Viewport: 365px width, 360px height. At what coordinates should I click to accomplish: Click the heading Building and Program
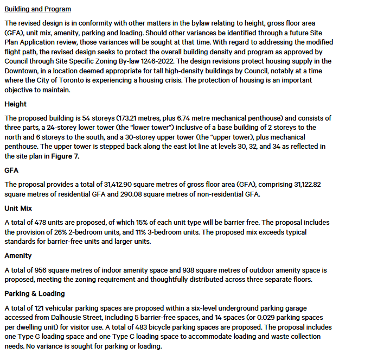pyautogui.click(x=37, y=9)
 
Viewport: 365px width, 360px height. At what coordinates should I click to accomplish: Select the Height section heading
pyautogui.click(x=15, y=104)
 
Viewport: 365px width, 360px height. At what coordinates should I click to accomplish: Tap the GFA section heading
pyautogui.click(x=11, y=170)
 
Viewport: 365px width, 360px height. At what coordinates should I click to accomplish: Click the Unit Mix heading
pyautogui.click(x=20, y=208)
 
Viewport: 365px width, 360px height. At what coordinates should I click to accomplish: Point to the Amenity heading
pyautogui.click(x=18, y=255)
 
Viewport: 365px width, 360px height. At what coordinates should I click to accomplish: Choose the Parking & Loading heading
pyautogui.click(x=34, y=293)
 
